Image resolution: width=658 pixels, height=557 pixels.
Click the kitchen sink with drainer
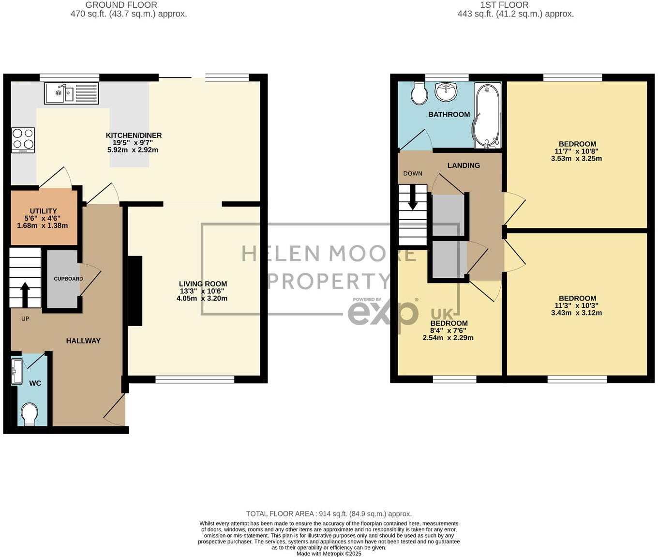coord(71,93)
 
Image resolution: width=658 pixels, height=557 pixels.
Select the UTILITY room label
coord(43,211)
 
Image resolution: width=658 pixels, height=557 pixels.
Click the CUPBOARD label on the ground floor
coord(68,279)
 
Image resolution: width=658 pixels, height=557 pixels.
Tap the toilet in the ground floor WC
coord(30,414)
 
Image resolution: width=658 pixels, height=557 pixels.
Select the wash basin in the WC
coord(16,371)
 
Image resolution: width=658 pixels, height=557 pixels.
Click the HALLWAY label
coord(83,341)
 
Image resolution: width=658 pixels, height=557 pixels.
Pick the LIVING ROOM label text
coord(203,284)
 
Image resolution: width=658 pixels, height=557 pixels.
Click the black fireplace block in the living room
coord(135,290)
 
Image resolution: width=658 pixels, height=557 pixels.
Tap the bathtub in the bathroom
coord(487,116)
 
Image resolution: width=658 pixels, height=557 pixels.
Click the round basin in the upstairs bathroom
coord(446,91)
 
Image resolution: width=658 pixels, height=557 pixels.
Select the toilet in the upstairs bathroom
coord(419,93)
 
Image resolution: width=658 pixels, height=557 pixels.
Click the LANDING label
coord(464,166)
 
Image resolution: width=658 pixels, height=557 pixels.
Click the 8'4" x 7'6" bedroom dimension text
coord(449,331)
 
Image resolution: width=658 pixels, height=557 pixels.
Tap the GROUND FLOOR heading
coord(121,5)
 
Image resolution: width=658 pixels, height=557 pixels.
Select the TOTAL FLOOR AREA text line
coord(329,514)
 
